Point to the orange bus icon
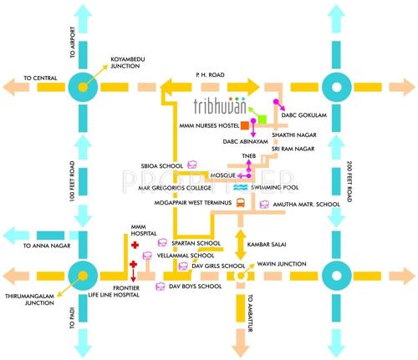241,202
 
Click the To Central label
40,78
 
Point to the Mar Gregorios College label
191,190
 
